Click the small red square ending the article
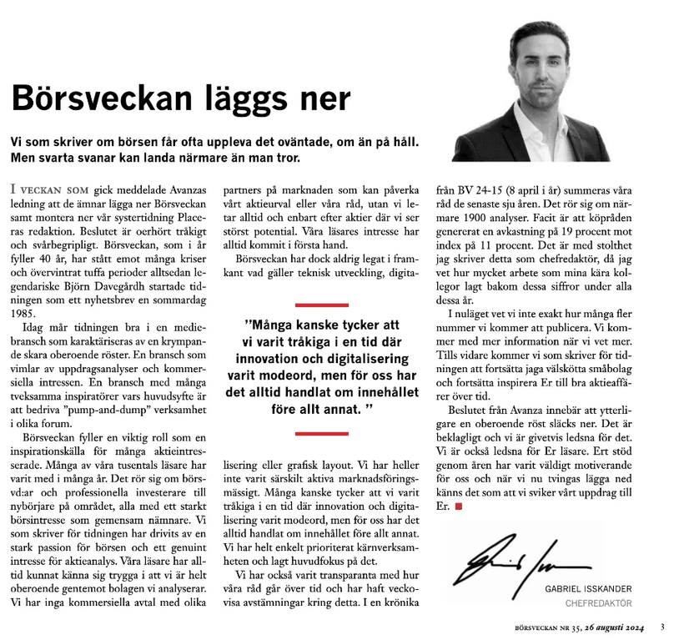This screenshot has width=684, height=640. point(458,506)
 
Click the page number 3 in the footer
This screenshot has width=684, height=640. point(661,627)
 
